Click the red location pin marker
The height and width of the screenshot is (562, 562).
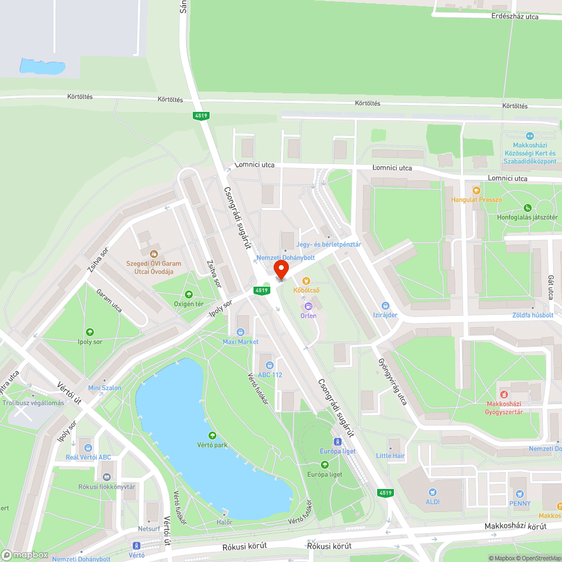click(x=281, y=269)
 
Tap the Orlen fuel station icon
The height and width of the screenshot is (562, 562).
click(x=308, y=306)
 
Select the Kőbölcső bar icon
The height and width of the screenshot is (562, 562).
click(x=306, y=280)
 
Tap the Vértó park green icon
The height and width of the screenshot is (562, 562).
click(x=212, y=436)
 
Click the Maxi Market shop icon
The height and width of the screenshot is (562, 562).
click(x=241, y=332)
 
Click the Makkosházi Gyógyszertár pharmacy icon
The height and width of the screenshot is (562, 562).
click(x=504, y=394)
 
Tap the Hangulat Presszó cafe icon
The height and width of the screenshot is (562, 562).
click(x=477, y=191)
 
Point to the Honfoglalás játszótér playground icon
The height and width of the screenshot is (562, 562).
click(x=527, y=208)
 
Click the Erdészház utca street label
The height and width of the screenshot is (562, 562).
click(x=515, y=17)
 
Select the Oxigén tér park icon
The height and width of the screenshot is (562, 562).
click(x=189, y=294)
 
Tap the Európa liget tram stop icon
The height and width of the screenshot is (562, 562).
click(x=338, y=442)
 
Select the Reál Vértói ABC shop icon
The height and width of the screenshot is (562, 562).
click(x=88, y=448)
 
